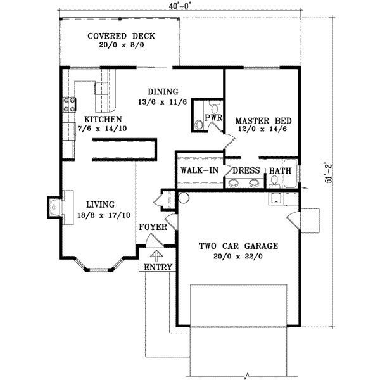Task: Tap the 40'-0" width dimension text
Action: [166, 6]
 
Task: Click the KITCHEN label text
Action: [99, 118]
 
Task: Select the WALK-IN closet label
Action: [199, 170]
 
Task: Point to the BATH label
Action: [280, 170]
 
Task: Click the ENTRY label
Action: [158, 267]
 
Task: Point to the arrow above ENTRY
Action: [153, 254]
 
